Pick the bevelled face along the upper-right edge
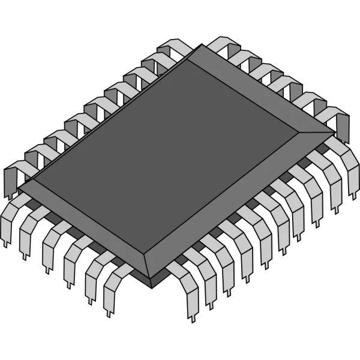pos(264,90)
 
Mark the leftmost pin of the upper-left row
pos(12,180)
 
